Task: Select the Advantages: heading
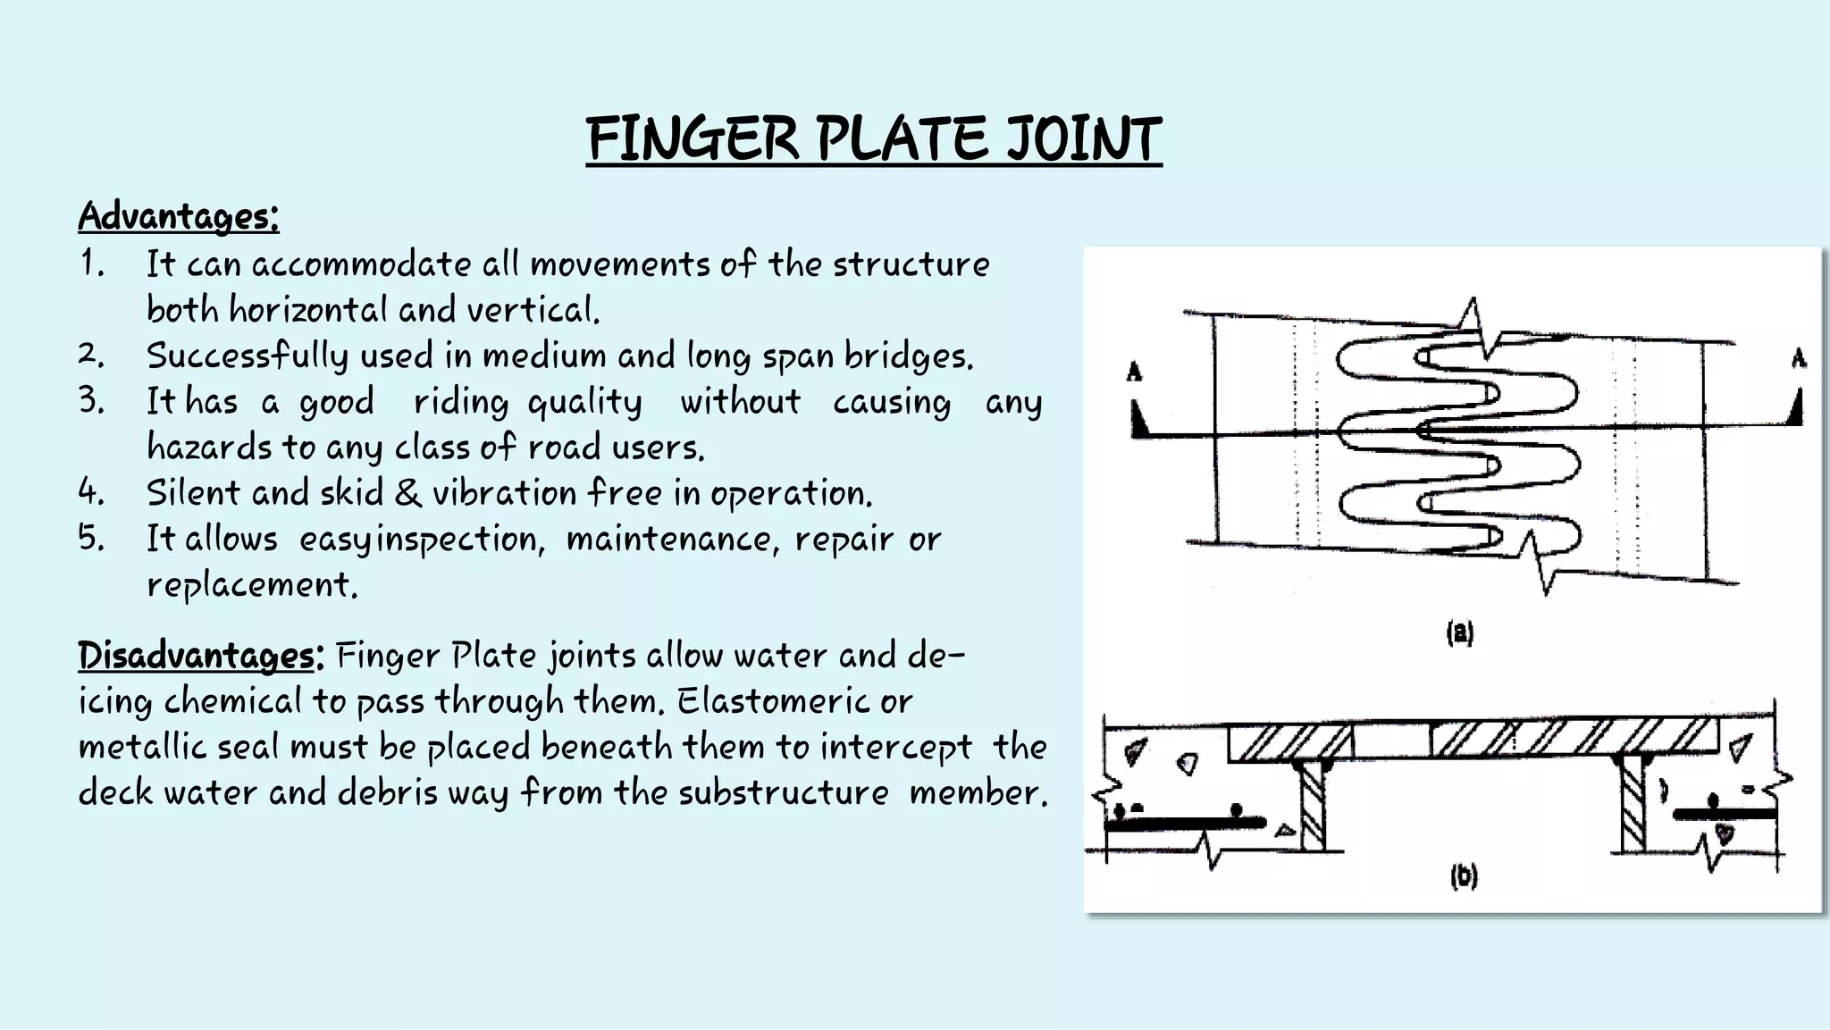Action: point(179,215)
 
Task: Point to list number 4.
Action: point(91,491)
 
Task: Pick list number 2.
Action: point(91,355)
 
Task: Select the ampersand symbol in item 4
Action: point(407,492)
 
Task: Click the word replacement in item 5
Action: point(252,584)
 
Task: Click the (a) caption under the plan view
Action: point(1460,633)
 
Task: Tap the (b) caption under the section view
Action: point(1464,876)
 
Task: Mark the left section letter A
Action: point(1135,371)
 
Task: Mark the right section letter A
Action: point(1798,359)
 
